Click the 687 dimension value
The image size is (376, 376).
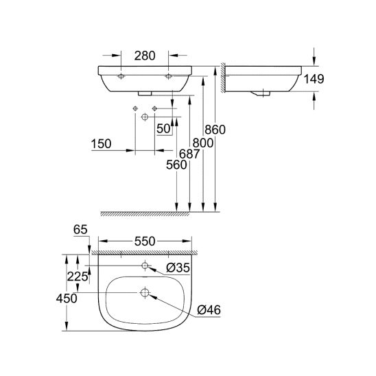(191, 155)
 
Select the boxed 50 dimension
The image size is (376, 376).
(163, 128)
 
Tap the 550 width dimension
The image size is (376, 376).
(145, 240)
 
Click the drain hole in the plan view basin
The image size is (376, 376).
(145, 293)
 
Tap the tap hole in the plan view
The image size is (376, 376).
(145, 265)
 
